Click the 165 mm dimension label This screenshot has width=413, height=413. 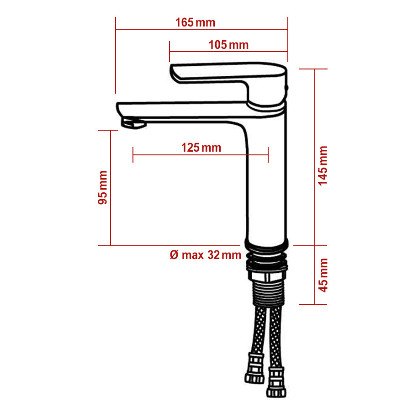pyautogui.click(x=195, y=22)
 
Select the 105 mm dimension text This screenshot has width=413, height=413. pyautogui.click(x=228, y=45)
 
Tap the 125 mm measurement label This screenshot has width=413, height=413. pyautogui.click(x=201, y=148)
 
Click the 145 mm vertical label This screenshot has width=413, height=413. pyautogui.click(x=323, y=165)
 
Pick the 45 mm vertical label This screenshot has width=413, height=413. pyautogui.click(x=323, y=275)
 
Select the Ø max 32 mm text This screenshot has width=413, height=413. pyautogui.click(x=205, y=255)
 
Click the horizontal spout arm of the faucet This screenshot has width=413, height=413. pyautogui.click(x=183, y=110)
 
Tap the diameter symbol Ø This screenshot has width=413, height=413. pyautogui.click(x=174, y=255)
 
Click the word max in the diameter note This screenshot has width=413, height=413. pyautogui.click(x=192, y=255)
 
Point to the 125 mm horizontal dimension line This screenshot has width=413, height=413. pyautogui.click(x=201, y=155)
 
